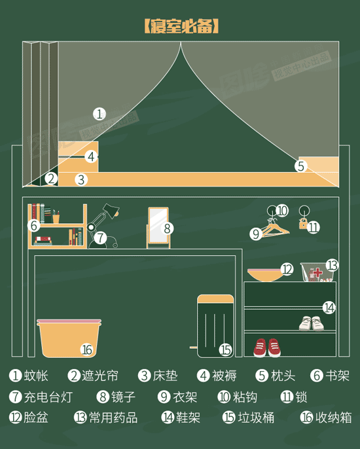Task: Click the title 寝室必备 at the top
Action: coord(181,26)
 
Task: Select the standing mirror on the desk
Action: coord(158,228)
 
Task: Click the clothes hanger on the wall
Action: coord(274,229)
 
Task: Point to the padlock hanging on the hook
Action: coord(303,223)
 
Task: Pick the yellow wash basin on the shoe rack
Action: coord(265,275)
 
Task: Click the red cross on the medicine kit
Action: coord(316,272)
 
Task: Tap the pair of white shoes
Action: coord(312,323)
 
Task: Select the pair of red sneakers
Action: coord(267,348)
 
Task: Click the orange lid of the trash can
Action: coord(215,299)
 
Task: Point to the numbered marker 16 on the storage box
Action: coord(87,350)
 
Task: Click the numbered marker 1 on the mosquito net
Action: coord(99,115)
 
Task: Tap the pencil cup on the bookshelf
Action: coord(56,218)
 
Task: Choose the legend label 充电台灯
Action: coord(48,397)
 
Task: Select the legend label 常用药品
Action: coord(113,418)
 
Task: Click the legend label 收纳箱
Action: coord(334,418)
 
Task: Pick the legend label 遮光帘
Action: coord(100,376)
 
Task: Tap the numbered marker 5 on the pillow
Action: coord(300,166)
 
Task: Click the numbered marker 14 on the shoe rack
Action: coord(329,308)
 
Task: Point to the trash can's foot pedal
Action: coord(194,348)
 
